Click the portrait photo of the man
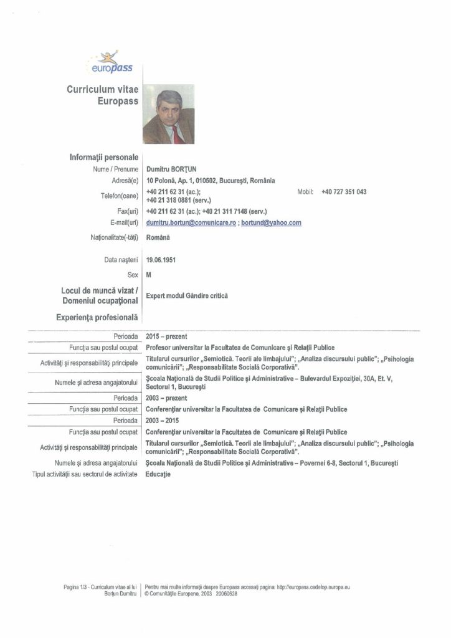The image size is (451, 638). tap(168, 114)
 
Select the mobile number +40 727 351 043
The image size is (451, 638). tap(344, 191)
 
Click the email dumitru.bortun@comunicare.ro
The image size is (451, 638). tap(191, 222)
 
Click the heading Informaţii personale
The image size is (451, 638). tap(103, 158)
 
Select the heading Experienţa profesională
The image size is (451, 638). tap(97, 318)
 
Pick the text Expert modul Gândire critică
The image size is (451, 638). tap(187, 296)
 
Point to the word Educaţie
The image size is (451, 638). tap(158, 474)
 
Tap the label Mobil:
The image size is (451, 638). tap(305, 191)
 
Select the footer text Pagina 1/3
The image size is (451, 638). tap(75, 587)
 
